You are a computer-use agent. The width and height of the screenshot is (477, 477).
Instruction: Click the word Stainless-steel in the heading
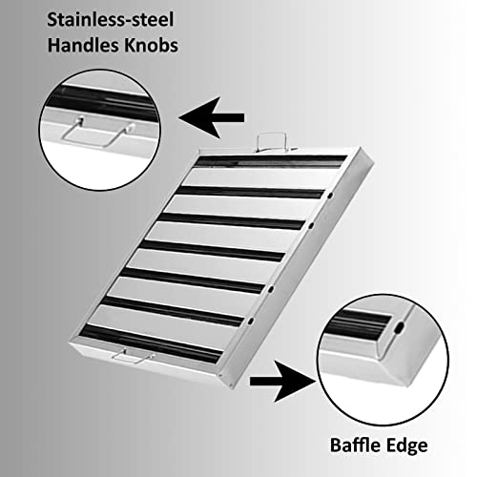tap(111, 20)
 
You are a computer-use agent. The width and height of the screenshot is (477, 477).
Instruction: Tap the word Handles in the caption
tap(84, 45)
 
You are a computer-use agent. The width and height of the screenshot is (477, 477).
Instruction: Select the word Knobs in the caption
tap(151, 45)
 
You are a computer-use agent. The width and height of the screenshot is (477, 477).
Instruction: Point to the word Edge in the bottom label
tap(406, 446)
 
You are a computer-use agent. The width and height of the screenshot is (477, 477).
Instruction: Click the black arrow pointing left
tap(212, 117)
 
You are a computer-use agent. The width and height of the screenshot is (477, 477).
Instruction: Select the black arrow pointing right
tap(283, 381)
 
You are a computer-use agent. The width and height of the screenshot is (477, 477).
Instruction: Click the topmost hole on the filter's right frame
tap(330, 196)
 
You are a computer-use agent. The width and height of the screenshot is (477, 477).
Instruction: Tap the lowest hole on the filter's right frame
tap(251, 321)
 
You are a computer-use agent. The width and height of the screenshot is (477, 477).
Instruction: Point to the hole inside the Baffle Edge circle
tap(401, 326)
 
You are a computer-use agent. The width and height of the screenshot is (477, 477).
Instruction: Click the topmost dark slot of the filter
tap(271, 161)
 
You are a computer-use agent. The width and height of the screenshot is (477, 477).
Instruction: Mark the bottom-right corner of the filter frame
tap(232, 387)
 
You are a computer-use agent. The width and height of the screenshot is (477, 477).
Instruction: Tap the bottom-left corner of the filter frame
tap(70, 342)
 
